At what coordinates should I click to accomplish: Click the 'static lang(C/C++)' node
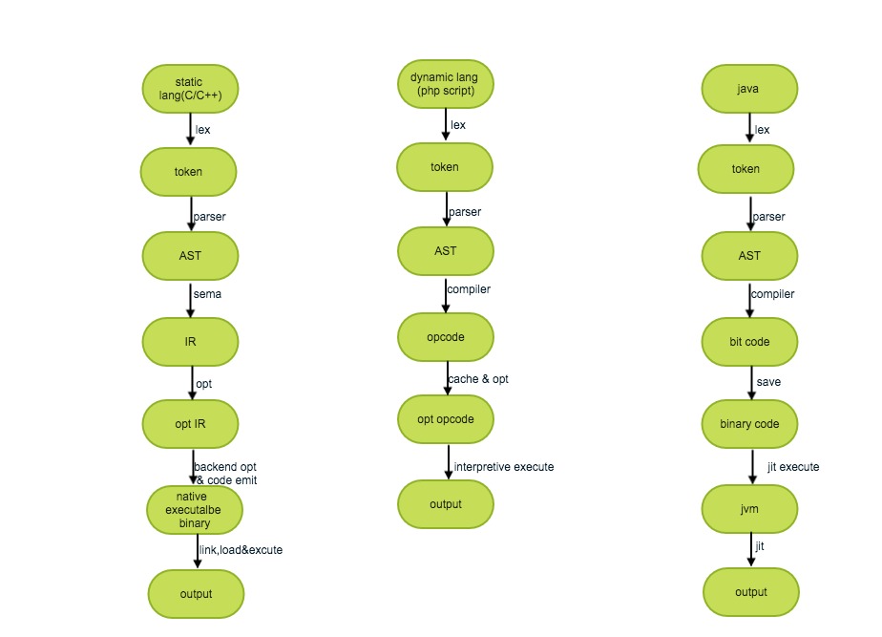(x=189, y=89)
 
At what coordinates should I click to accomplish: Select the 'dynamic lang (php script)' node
(x=445, y=83)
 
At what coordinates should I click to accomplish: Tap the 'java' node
(x=749, y=89)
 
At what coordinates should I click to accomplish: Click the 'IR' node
(x=190, y=341)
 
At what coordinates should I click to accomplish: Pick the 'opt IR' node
(x=190, y=424)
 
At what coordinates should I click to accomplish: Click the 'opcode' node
(x=445, y=336)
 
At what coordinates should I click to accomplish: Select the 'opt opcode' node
(x=445, y=419)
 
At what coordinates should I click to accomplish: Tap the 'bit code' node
(x=749, y=341)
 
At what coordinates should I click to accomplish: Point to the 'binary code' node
(x=749, y=424)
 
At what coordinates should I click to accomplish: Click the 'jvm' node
(x=749, y=509)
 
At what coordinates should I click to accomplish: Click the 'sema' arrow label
(x=208, y=294)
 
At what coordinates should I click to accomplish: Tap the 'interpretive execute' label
(x=504, y=467)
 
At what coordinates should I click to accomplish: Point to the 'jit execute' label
(x=792, y=467)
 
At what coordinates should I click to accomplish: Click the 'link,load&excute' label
(x=241, y=549)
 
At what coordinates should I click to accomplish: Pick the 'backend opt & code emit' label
(x=225, y=473)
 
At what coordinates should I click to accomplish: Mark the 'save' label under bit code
(x=768, y=382)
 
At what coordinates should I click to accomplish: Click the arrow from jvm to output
(x=750, y=551)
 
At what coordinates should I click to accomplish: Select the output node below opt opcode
(x=445, y=504)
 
